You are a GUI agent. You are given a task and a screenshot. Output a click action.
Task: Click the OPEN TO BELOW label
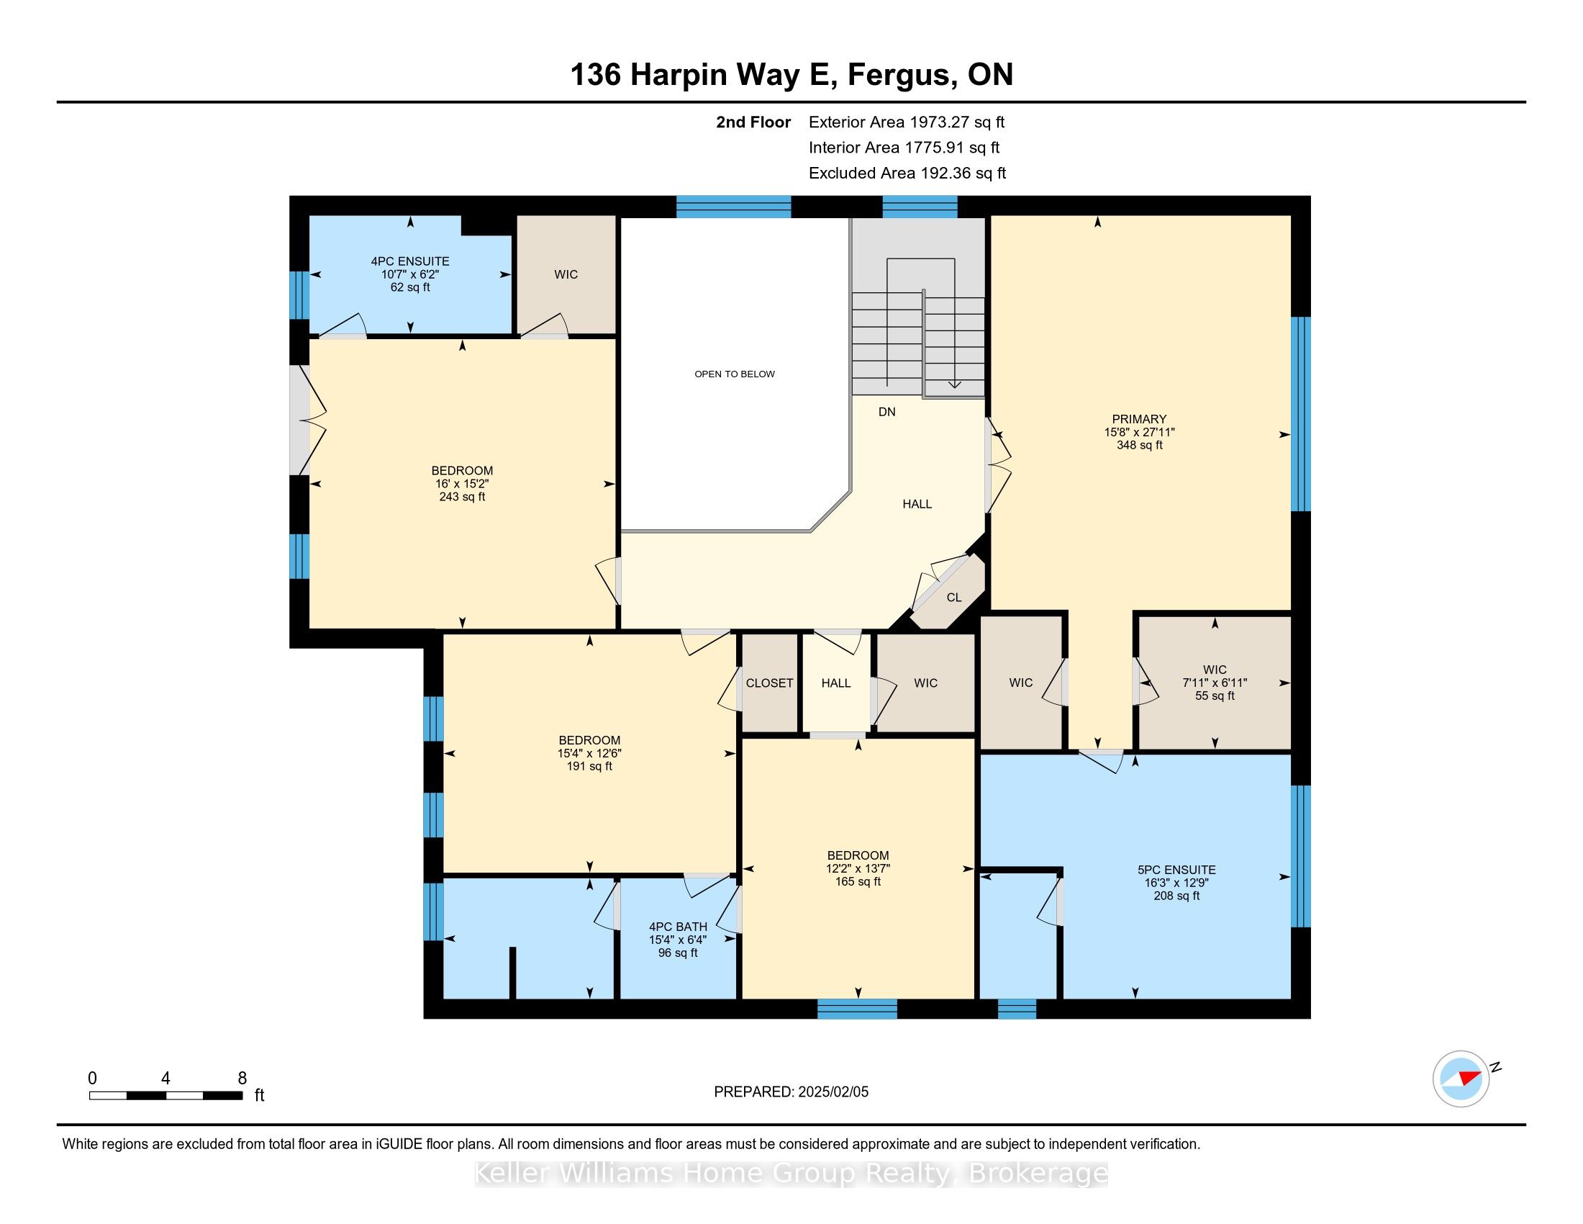734,374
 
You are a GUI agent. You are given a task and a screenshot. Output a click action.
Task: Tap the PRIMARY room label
1139,419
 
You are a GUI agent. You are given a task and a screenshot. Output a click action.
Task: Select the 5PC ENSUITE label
1176,870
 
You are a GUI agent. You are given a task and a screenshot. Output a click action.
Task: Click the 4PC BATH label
677,927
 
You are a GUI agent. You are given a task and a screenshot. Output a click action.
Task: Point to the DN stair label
886,412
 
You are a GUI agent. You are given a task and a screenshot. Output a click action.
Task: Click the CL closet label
954,598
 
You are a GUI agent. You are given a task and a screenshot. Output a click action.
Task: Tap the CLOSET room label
769,683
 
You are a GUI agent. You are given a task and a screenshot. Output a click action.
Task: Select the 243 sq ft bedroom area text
462,497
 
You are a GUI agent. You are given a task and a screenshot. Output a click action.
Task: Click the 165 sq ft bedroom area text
858,882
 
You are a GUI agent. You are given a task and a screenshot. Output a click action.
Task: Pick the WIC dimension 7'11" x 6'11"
1214,683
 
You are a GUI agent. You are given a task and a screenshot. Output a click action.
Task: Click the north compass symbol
1461,1079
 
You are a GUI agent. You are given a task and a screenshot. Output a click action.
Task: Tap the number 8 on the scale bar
242,1079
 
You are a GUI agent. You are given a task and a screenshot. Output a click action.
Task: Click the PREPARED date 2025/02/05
791,1092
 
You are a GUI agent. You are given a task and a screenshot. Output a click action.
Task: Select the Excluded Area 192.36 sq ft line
907,174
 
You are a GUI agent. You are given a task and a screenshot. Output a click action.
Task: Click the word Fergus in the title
899,75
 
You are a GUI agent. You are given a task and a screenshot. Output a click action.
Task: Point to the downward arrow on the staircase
955,384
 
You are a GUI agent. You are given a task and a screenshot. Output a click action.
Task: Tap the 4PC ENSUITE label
409,261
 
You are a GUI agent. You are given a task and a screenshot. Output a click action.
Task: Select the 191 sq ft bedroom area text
589,767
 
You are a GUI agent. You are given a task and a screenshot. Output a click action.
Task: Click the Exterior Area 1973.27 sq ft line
906,122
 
